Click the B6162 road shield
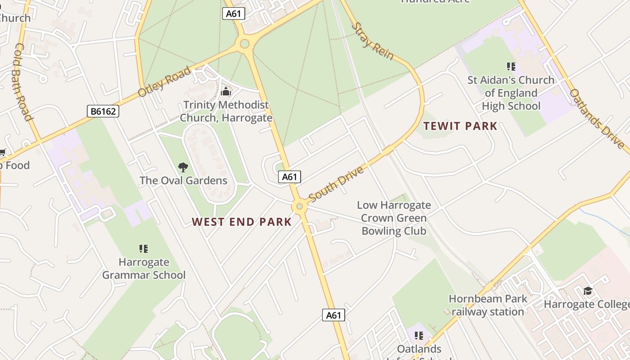tap(103, 111)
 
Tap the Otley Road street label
tap(165, 81)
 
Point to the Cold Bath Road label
tap(23, 82)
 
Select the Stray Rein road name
tap(372, 41)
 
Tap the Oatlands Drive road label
tap(597, 118)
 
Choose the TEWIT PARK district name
tap(460, 126)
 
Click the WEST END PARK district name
tap(242, 222)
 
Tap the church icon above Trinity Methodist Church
tap(226, 92)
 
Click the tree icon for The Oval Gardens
tap(183, 167)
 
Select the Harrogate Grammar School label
tap(144, 268)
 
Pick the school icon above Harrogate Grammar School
tap(144, 248)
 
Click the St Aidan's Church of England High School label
tap(511, 93)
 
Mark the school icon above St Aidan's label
tap(511, 67)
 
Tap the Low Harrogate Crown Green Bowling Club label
tap(394, 218)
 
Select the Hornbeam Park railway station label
tap(488, 305)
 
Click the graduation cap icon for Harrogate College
tap(587, 291)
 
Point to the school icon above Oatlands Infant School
tap(419, 335)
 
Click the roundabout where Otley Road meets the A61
tap(245, 44)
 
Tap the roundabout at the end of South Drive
tap(299, 207)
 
